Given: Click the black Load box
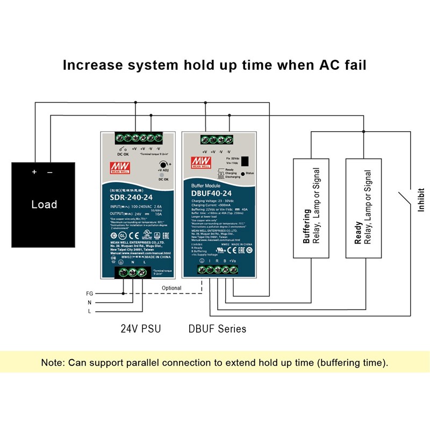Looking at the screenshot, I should pos(44,204).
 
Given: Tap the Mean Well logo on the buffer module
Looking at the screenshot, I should pos(200,162).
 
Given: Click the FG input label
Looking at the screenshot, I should pos(89,293).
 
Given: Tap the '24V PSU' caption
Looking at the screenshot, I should pos(140,328).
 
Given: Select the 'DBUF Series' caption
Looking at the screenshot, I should pos(217,328).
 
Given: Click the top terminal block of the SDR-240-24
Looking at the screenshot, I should pos(137,137).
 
